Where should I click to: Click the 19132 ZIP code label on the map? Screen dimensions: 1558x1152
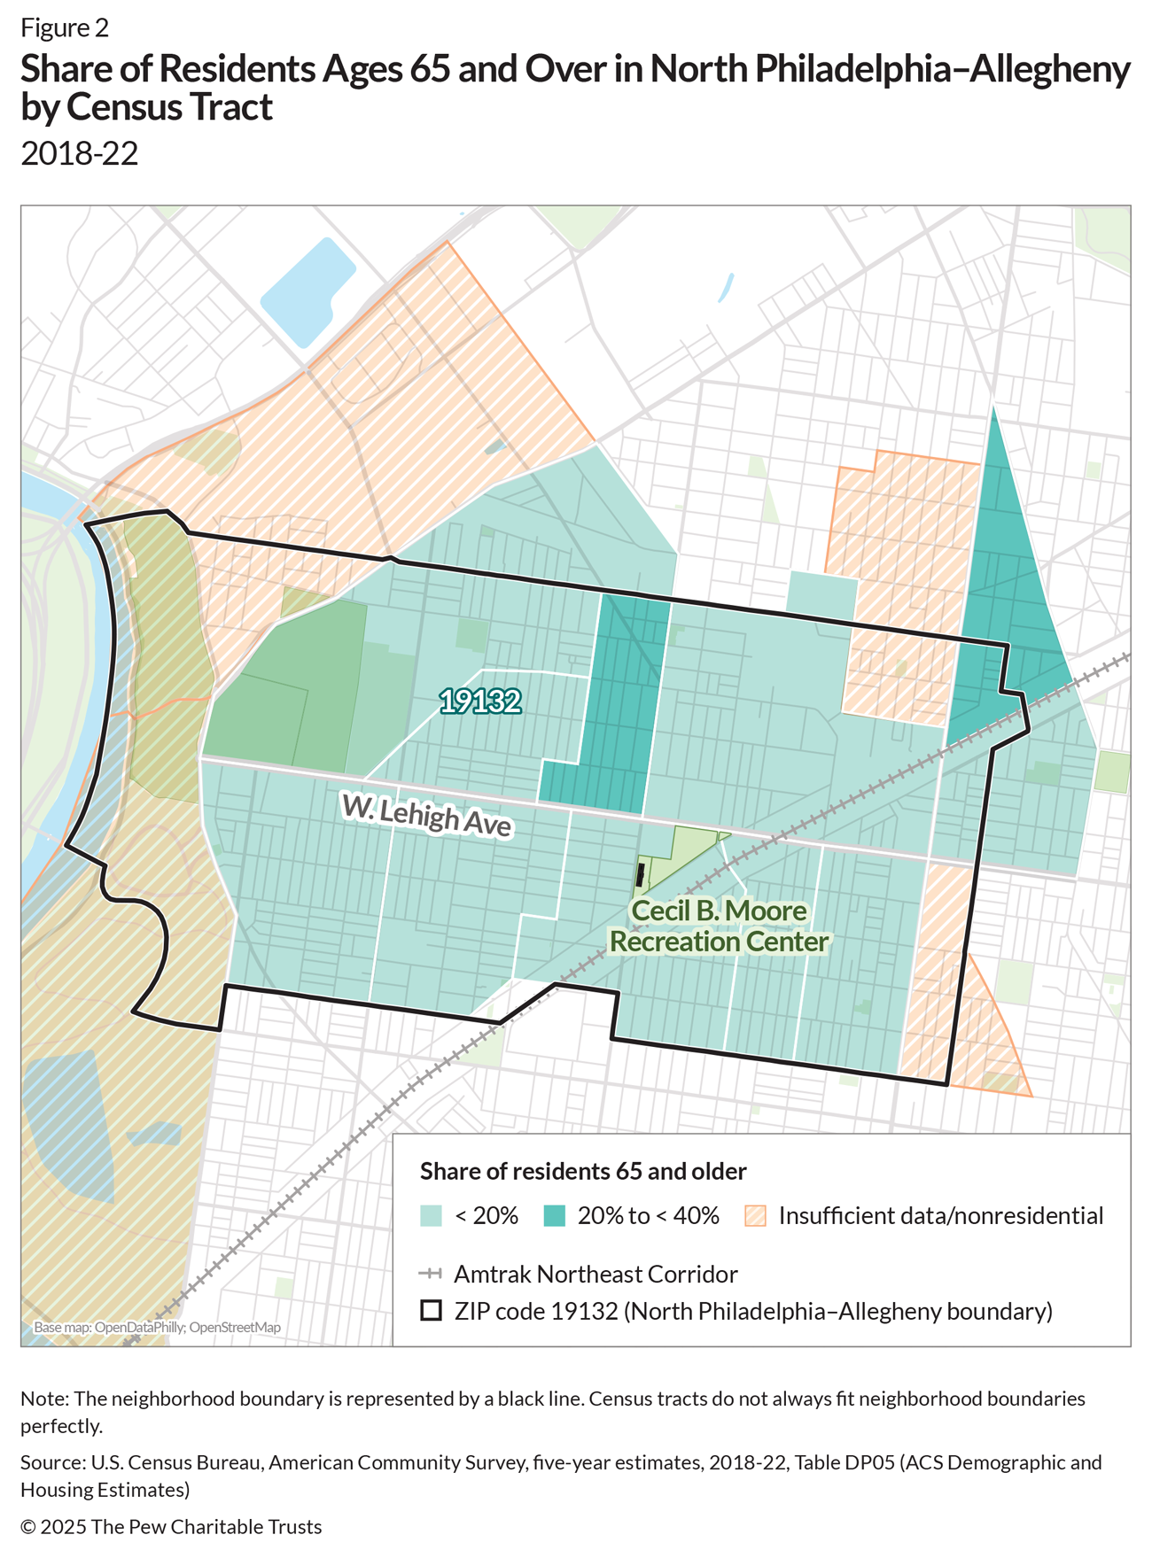[480, 701]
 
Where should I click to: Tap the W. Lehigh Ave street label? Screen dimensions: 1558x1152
[427, 816]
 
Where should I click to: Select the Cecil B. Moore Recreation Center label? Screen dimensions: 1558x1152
[719, 926]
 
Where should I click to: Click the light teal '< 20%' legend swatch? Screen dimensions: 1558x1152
[431, 1215]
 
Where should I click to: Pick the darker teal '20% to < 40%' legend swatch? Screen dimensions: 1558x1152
[555, 1215]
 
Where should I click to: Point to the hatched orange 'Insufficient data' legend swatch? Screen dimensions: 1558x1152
[755, 1215]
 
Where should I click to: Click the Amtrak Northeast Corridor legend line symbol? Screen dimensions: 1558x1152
[431, 1274]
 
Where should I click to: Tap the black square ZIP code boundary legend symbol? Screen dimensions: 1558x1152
[431, 1310]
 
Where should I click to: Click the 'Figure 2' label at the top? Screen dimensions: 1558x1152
[65, 27]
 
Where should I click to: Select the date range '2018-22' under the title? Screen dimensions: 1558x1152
[80, 153]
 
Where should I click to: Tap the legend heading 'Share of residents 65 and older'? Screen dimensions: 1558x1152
[583, 1171]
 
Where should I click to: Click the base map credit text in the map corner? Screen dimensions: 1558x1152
[157, 1328]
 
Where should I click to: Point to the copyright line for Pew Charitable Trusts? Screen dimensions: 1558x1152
[171, 1526]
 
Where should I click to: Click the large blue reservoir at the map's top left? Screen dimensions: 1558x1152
[307, 292]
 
